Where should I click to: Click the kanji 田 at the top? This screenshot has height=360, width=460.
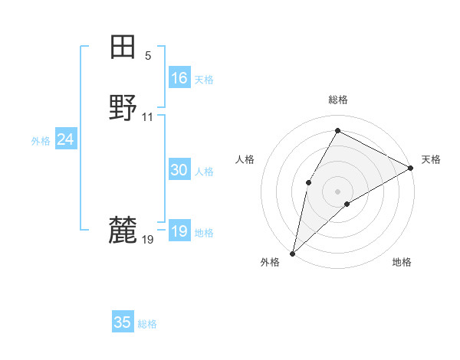coord(123,47)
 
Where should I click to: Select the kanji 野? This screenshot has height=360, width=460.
coord(123,108)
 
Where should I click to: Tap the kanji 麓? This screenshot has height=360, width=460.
coord(123,229)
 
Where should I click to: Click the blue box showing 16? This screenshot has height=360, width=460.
coord(179,78)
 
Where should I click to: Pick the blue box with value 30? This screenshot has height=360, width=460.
coord(179,171)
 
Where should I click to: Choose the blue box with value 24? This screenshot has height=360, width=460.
coord(66,139)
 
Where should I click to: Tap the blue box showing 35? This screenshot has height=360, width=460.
coord(123,322)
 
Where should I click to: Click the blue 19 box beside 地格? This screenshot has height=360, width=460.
coord(179,232)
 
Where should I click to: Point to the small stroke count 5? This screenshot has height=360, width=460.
coord(148,56)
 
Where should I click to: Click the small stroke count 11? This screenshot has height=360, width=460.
coord(148,117)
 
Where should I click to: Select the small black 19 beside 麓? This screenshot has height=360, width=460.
coord(148,240)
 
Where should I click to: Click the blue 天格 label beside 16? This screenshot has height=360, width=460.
coord(204,80)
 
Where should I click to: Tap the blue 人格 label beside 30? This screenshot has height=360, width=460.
coord(204,172)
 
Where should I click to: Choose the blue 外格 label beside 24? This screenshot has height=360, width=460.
coord(41,141)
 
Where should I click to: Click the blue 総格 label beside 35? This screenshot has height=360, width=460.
coord(147,324)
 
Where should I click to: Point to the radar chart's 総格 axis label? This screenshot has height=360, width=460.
coord(338,100)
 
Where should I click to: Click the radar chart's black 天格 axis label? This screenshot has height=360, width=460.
coord(431,159)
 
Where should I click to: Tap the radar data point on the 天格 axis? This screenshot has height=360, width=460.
coord(411,168)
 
